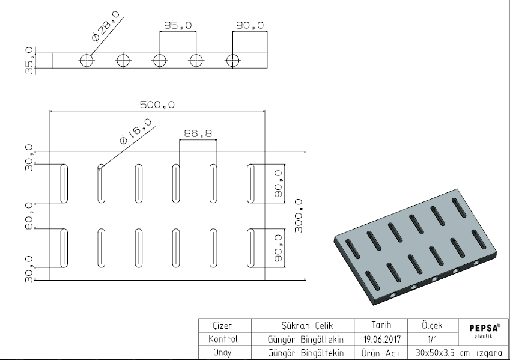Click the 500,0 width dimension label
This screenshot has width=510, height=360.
pyautogui.click(x=157, y=105)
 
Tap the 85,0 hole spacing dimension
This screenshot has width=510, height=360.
pyautogui.click(x=178, y=26)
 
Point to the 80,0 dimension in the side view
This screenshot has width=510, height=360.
pyautogui.click(x=250, y=26)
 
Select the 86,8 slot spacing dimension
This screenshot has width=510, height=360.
pyautogui.click(x=198, y=134)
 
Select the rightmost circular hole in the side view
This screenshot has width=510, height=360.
pyautogui.click(x=232, y=60)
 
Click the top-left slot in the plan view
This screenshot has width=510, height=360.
pyautogui.click(x=63, y=183)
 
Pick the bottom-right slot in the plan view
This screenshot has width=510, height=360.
pyautogui.click(x=250, y=248)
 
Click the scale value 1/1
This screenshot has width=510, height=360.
pyautogui.click(x=428, y=339)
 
